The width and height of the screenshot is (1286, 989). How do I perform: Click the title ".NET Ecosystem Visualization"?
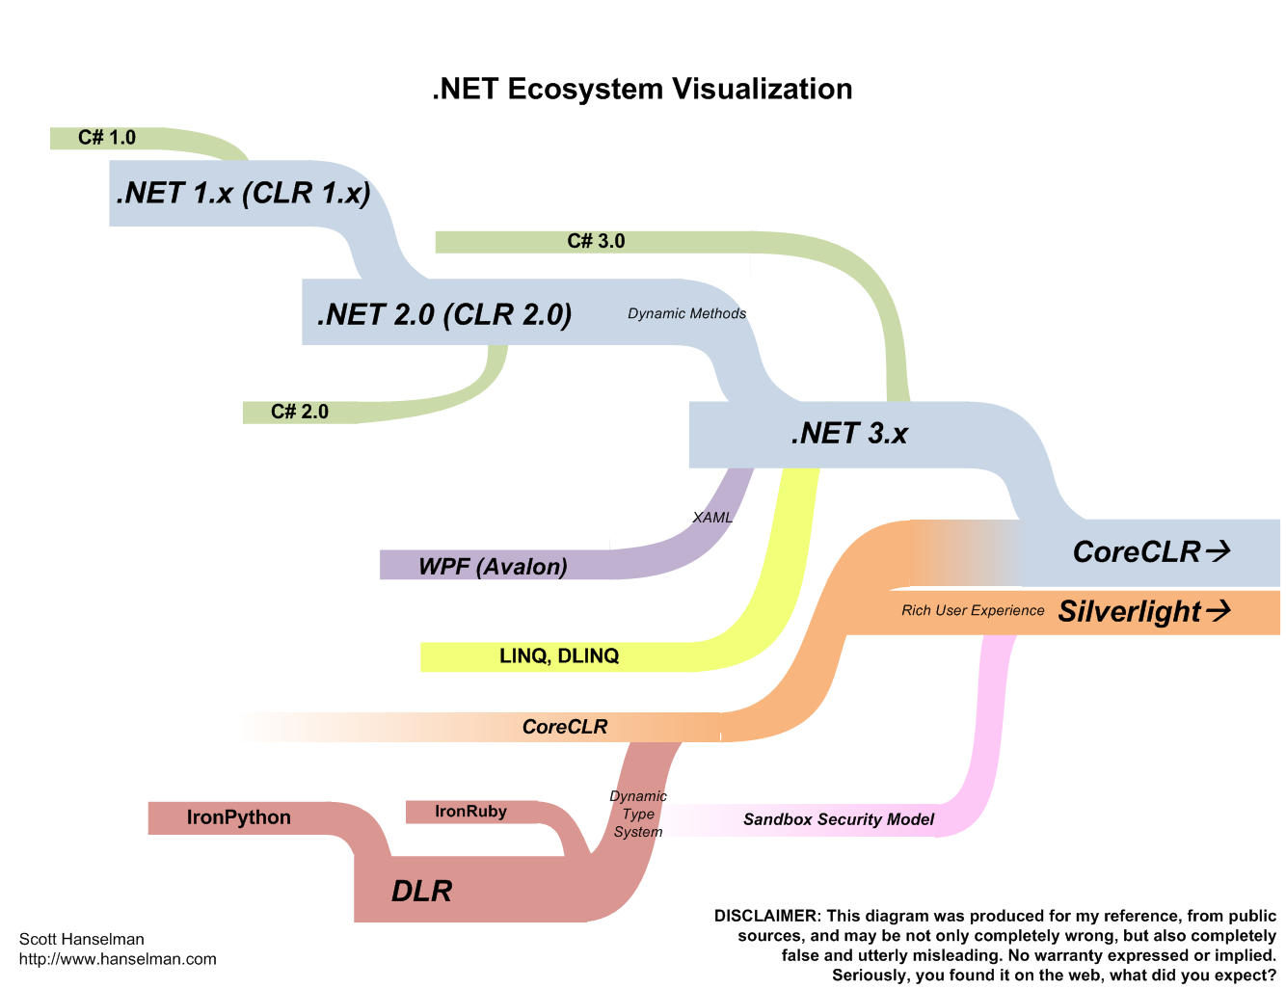tap(642, 89)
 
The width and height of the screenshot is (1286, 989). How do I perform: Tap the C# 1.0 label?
tap(107, 138)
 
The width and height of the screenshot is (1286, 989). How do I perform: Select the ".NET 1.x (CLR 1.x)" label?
tap(243, 193)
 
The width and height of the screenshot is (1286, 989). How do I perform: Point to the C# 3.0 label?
tap(596, 241)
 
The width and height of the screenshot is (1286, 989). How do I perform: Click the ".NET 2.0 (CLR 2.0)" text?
tap(444, 314)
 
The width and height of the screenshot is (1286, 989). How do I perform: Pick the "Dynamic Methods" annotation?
tap(686, 313)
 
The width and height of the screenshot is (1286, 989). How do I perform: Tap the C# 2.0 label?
tap(300, 412)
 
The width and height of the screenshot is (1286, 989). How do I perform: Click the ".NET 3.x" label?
tap(849, 434)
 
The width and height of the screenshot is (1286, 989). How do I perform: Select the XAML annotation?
tap(712, 518)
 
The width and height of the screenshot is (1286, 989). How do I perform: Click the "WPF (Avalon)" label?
tap(493, 566)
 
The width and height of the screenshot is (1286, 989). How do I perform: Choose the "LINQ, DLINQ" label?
tap(559, 656)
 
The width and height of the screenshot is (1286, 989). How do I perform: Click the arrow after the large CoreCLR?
tap(1219, 551)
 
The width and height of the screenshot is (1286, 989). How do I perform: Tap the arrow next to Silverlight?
tap(1219, 611)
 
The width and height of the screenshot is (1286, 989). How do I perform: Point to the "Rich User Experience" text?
tap(973, 610)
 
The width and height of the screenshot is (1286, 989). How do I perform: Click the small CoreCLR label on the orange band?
tap(565, 727)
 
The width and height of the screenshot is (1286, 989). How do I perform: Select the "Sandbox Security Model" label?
tap(839, 819)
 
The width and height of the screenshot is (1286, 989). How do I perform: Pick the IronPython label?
tap(239, 817)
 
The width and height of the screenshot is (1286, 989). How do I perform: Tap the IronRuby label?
tap(470, 812)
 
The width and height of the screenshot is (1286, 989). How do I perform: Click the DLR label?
tap(422, 891)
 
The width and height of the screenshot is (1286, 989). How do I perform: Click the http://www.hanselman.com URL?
tap(118, 959)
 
